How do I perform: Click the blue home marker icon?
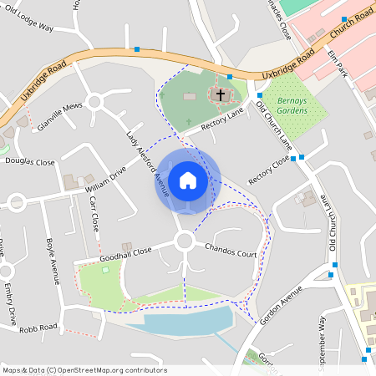point(188,180)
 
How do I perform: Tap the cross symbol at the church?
point(221,95)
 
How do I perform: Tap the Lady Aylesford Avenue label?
point(148,164)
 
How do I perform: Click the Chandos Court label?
point(231,250)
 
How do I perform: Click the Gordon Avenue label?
point(281,306)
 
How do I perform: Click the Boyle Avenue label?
point(52,259)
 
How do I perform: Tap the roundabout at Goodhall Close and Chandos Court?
point(185,242)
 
